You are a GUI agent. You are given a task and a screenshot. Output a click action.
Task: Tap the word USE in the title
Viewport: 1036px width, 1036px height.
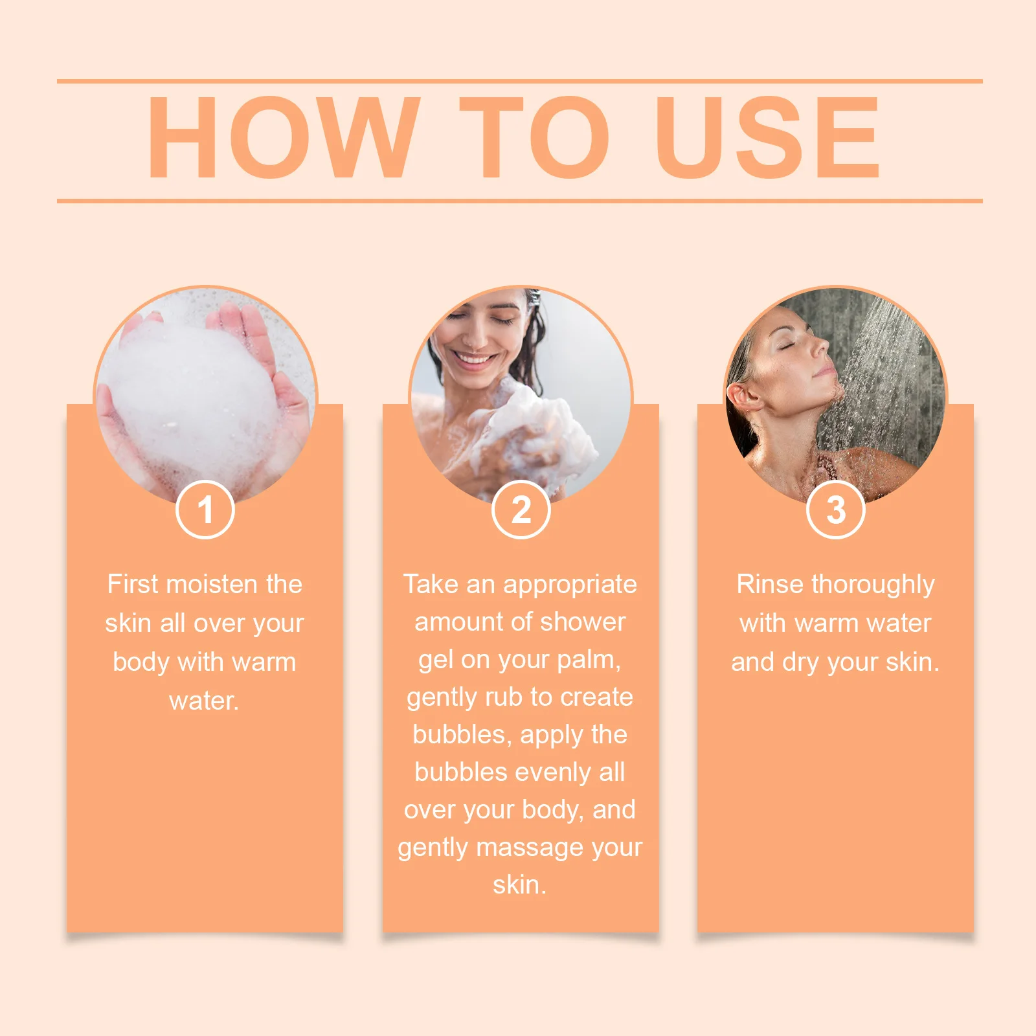tap(767, 137)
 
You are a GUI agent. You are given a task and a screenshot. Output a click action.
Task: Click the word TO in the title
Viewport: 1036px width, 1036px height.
tap(535, 137)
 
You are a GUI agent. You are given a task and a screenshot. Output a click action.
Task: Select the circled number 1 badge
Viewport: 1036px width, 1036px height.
tap(205, 510)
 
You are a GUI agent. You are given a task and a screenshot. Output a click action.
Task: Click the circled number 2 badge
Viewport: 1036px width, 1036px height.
tap(521, 510)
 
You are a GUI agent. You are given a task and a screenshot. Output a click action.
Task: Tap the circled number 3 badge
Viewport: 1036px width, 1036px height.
tap(835, 510)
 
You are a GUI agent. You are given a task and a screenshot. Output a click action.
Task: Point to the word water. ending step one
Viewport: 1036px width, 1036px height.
tap(204, 701)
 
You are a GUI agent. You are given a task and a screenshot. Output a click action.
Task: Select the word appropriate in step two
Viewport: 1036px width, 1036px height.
tap(570, 585)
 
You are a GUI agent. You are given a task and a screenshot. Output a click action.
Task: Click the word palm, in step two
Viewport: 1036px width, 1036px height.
tap(589, 660)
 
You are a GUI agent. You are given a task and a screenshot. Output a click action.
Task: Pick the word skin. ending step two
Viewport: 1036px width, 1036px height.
tap(519, 885)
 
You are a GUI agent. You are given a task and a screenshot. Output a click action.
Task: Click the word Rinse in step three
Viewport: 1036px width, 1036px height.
tap(770, 585)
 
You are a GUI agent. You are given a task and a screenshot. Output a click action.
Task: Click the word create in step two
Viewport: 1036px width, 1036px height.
tap(596, 697)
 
